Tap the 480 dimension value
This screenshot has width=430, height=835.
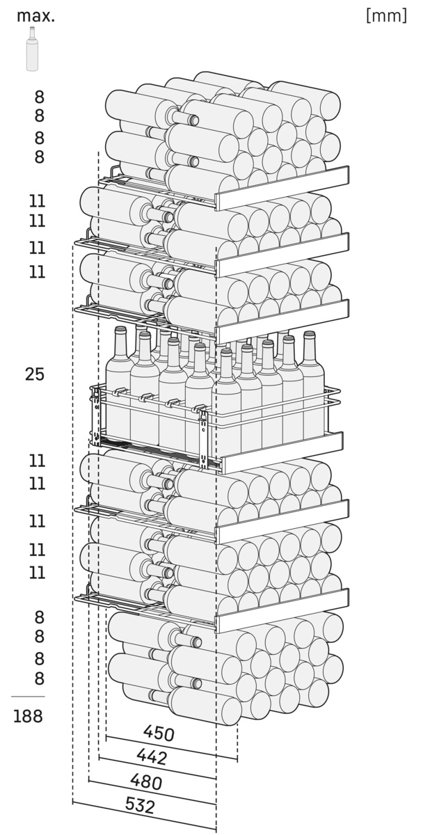146,781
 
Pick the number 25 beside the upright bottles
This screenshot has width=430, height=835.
35,374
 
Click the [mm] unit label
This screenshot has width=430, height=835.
386,15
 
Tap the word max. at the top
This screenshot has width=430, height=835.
35,16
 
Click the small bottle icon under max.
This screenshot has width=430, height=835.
32,49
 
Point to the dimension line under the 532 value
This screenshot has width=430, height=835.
144,817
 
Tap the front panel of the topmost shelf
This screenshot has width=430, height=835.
282,188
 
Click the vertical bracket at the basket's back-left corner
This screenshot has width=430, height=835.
97,415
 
